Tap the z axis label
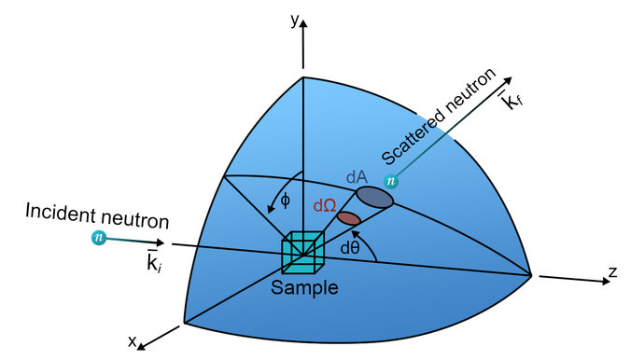[613, 271]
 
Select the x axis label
[132, 340]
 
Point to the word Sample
[304, 287]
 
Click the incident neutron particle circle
[98, 238]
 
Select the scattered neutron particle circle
[391, 181]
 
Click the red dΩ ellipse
[348, 218]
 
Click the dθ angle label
[351, 248]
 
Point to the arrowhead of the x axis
[142, 346]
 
